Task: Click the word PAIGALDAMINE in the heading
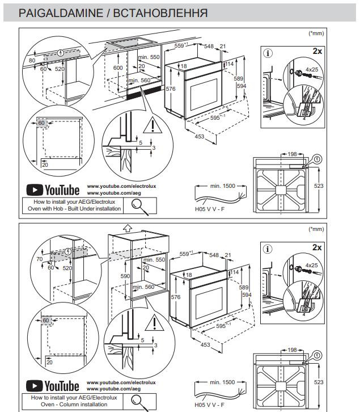61,13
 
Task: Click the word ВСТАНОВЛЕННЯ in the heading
160,13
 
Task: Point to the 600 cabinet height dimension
118,68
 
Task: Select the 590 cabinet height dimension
125,276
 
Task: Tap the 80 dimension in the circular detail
32,60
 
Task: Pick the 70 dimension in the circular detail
39,259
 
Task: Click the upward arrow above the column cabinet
128,228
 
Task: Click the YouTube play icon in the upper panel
35,190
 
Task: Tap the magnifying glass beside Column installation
139,402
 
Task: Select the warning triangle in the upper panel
153,125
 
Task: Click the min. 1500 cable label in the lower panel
222,382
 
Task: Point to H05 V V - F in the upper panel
210,209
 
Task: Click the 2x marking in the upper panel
317,51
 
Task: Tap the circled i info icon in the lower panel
268,249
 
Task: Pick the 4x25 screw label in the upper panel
312,70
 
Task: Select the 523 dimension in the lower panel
319,382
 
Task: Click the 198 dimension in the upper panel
292,154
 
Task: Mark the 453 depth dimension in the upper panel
200,136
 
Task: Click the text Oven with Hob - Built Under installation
74,209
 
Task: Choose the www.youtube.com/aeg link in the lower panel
114,389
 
